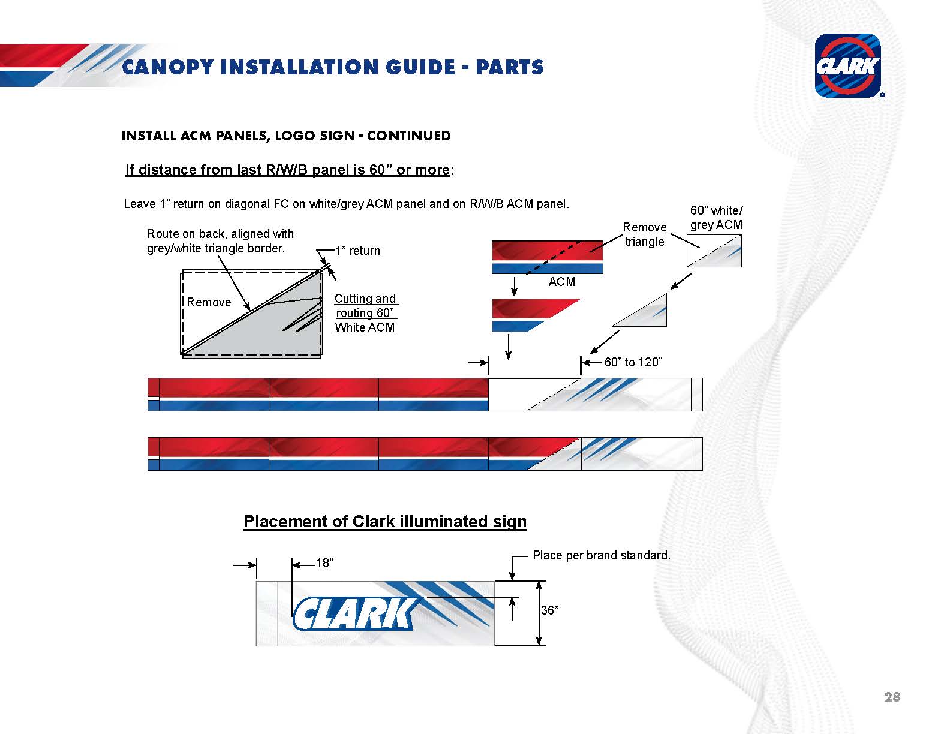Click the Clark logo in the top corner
(847, 65)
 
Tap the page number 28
(892, 696)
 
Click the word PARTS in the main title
(510, 67)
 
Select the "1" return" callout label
(357, 251)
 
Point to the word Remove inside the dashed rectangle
(209, 302)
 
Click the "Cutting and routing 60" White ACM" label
(365, 313)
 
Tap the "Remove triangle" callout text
(644, 234)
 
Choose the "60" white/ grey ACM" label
(716, 218)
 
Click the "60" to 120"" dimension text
(633, 362)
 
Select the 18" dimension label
(325, 562)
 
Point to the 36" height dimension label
(549, 610)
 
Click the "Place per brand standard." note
(601, 555)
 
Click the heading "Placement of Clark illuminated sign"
(384, 521)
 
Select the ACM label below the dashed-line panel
(562, 281)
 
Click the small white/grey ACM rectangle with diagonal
(714, 251)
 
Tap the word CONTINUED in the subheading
(409, 136)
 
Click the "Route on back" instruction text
(220, 241)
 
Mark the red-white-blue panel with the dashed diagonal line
(548, 257)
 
